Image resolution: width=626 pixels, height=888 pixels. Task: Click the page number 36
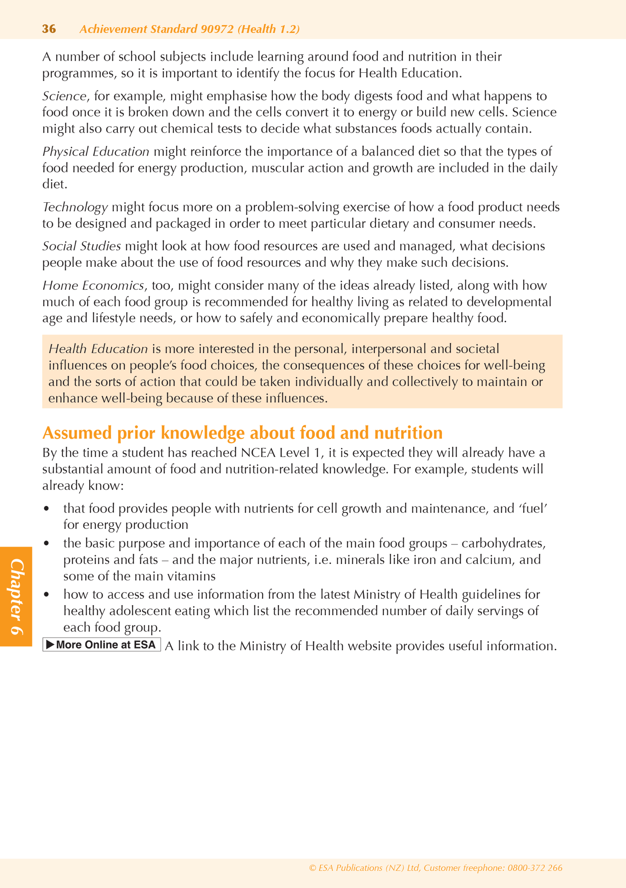[x=49, y=29]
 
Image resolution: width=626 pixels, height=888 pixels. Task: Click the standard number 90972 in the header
[x=218, y=29]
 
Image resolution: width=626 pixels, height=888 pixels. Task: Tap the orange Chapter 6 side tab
[x=16, y=596]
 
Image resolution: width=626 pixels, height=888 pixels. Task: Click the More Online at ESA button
[x=101, y=645]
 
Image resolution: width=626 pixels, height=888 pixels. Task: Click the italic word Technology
[x=75, y=207]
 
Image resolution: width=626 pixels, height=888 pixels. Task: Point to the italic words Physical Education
[x=96, y=152]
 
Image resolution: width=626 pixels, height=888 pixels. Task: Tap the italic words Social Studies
[x=81, y=246]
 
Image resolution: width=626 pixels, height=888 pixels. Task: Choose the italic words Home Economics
[x=93, y=285]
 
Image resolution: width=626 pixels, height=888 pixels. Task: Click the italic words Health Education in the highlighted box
[x=98, y=349]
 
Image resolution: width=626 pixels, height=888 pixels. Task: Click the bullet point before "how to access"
[x=46, y=595]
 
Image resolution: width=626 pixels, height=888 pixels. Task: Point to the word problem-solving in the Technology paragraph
[x=291, y=207]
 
